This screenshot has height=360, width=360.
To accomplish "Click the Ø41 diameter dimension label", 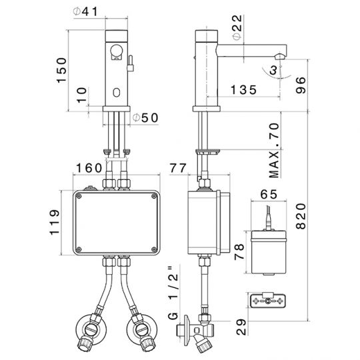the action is coord(85,12).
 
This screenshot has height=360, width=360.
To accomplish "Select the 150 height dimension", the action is coord(61,70).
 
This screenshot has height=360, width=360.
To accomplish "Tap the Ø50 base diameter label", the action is coord(145,118).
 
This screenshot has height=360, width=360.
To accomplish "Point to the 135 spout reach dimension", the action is coord(243,90).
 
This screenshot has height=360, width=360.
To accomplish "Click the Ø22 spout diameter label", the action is coord(237,27).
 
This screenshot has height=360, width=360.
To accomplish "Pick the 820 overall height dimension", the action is coord(301,216).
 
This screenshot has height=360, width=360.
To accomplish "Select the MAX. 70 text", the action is coord(275,151).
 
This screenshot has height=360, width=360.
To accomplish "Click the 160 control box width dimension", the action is coord(89,168).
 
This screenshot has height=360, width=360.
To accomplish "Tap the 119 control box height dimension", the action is coord(55,222).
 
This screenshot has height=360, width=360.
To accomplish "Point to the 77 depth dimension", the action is coord(178,168).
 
